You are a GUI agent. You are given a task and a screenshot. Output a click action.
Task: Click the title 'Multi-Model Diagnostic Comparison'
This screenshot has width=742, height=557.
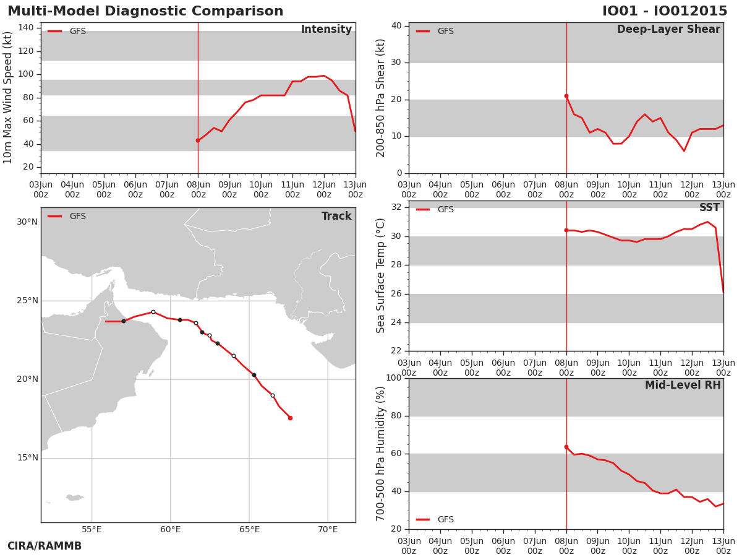point(145,11)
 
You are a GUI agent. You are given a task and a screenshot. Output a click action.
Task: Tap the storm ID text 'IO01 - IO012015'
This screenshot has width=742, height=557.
point(665,11)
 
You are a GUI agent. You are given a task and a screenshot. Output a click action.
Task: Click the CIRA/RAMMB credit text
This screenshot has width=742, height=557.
point(45,546)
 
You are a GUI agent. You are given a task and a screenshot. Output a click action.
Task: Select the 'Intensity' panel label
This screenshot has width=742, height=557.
point(326,30)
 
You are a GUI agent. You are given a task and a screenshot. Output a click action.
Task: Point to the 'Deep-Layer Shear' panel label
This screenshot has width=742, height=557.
point(668,30)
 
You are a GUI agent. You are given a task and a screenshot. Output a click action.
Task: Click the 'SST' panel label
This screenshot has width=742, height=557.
point(710,207)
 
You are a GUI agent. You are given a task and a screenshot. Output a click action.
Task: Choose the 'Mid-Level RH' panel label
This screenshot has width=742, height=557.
point(683,385)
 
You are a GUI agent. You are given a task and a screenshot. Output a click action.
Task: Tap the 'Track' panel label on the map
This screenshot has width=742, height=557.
point(336,216)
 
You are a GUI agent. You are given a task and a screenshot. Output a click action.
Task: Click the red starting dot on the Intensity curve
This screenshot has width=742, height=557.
point(198,140)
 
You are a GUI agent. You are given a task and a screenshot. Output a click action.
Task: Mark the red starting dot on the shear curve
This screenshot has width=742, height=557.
point(566,96)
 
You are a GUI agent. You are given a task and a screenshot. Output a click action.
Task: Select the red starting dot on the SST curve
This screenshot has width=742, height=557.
point(566,230)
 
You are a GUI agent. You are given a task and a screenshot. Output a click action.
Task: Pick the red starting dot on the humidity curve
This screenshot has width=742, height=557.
point(566,447)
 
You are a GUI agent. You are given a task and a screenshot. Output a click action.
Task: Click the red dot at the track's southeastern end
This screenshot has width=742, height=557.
point(291,418)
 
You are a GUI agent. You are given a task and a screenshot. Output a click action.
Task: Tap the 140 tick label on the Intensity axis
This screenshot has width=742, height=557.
point(26,28)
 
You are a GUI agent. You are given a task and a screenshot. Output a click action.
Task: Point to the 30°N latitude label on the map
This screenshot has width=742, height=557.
point(27,222)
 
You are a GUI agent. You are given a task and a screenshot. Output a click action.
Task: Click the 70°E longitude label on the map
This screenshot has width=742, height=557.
point(328,530)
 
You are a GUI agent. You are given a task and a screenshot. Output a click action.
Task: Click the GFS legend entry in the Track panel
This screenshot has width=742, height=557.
point(67,217)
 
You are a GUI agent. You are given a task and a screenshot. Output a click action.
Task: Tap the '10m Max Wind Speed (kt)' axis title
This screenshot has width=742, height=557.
point(7,98)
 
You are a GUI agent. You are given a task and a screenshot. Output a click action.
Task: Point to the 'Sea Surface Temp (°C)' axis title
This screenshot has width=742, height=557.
point(380,275)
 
